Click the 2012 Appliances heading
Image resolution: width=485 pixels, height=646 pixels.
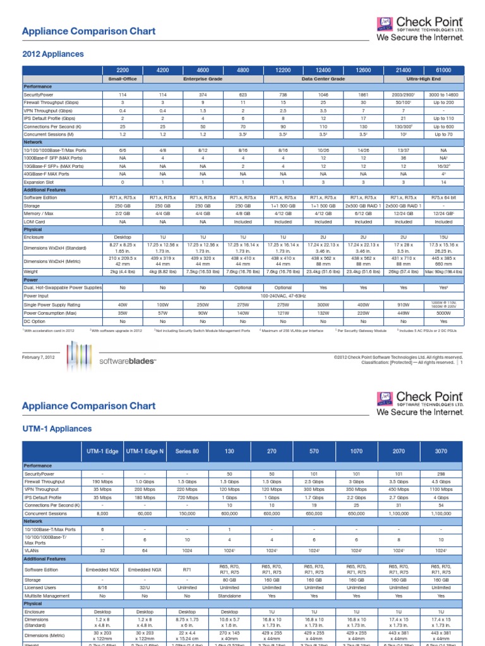pyautogui.click(x=52, y=54)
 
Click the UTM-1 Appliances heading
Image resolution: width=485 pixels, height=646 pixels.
pyautogui.click(x=57, y=428)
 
